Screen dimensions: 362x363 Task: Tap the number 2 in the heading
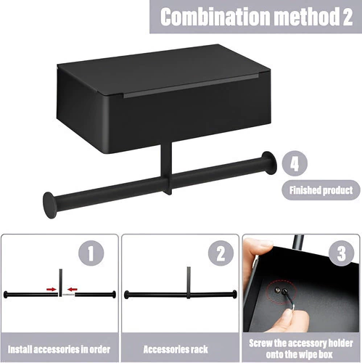[347, 17]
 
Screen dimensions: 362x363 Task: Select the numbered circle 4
[295, 163]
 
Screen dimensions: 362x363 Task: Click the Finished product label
[321, 190]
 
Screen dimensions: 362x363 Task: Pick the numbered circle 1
[91, 253]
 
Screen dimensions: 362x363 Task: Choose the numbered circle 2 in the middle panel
[221, 253]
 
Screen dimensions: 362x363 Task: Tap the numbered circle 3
[342, 253]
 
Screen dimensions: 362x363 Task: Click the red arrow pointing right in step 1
[51, 289]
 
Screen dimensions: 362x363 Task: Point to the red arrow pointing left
[73, 289]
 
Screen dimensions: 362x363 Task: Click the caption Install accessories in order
[59, 349]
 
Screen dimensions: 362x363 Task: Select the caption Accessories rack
[176, 349]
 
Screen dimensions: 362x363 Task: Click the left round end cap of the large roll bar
[49, 205]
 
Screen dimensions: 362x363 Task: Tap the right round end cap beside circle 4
[268, 163]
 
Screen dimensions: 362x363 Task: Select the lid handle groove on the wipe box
[191, 86]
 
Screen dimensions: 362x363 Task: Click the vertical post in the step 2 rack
[189, 282]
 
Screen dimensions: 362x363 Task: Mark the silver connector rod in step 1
[68, 295]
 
